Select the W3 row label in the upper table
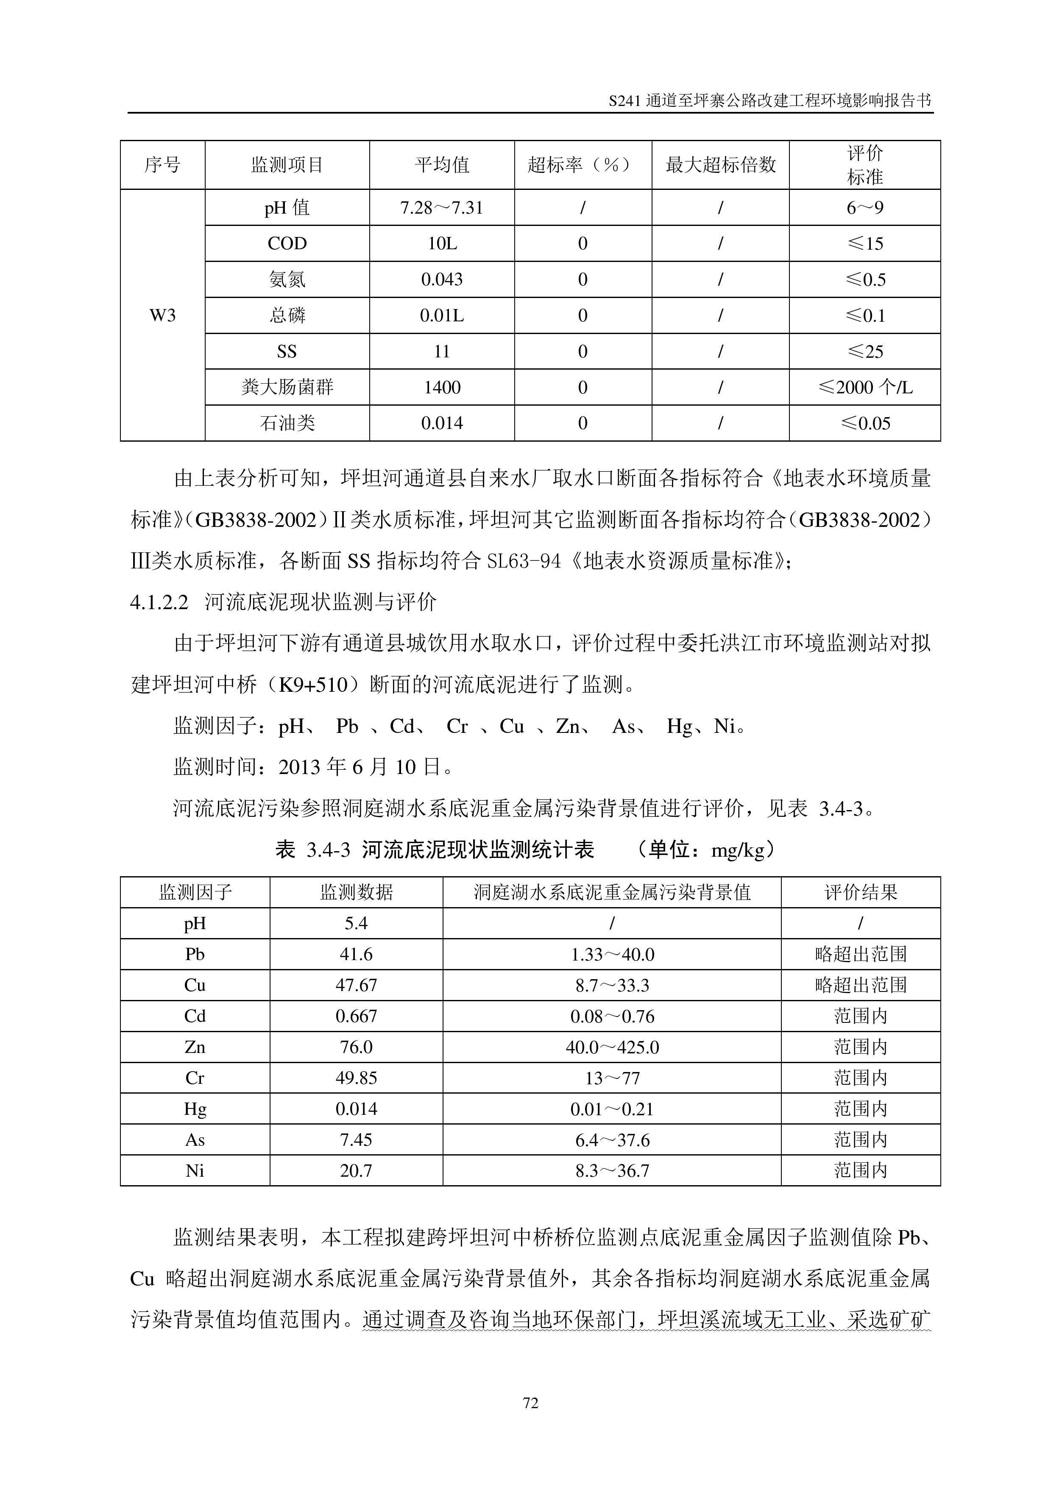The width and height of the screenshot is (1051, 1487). point(162,315)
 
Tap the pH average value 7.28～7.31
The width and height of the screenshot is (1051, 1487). point(442,208)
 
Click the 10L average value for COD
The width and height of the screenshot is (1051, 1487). point(442,243)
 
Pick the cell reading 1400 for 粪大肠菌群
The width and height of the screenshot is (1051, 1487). point(442,387)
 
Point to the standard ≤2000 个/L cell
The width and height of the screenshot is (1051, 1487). point(864,387)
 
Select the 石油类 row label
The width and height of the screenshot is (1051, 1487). point(287,423)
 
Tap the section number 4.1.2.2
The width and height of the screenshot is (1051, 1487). point(159,602)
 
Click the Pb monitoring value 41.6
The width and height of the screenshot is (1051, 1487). point(356,954)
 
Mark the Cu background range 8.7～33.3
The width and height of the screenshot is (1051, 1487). point(612,985)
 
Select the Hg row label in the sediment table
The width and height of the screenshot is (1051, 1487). point(195,1109)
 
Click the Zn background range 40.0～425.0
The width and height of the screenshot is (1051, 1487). point(612,1047)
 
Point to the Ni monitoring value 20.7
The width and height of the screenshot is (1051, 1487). point(356,1170)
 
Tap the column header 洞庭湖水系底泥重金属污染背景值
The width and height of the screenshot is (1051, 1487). point(612,892)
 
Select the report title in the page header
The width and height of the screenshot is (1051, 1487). point(770,100)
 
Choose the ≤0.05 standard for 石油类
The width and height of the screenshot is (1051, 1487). point(864,423)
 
